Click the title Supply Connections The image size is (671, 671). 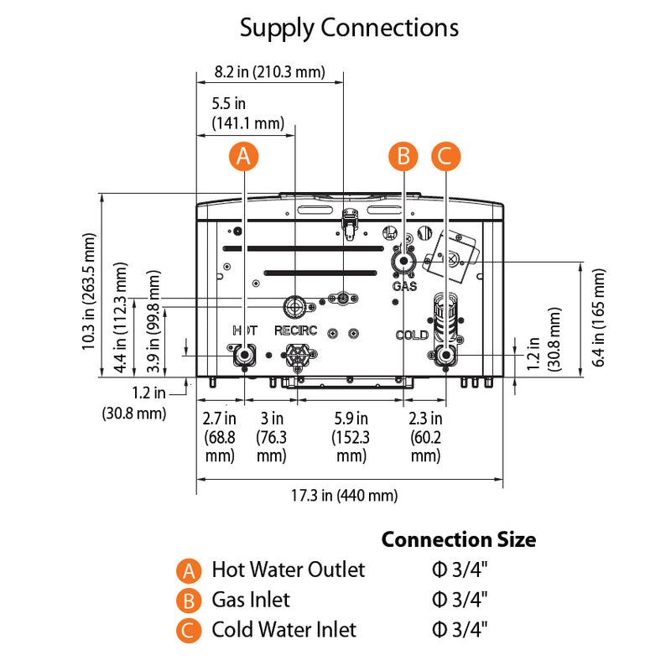[x=349, y=28]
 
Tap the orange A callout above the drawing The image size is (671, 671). [x=243, y=155]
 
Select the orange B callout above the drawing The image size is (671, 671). [x=403, y=155]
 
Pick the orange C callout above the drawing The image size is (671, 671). [x=445, y=155]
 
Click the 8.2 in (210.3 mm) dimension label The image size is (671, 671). [x=269, y=71]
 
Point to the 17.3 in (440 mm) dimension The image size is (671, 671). [x=344, y=496]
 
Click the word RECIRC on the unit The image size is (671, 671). [x=295, y=330]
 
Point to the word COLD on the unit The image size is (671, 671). [x=412, y=335]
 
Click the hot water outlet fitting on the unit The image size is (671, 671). [x=244, y=355]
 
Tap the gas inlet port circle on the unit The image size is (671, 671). [x=403, y=262]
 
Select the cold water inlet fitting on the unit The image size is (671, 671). [x=445, y=356]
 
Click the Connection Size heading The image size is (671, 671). [x=458, y=539]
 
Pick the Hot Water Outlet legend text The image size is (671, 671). [x=288, y=570]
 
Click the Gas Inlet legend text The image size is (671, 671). [x=250, y=600]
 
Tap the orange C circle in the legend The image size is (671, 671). [x=190, y=630]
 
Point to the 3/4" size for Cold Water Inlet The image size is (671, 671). [x=460, y=630]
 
